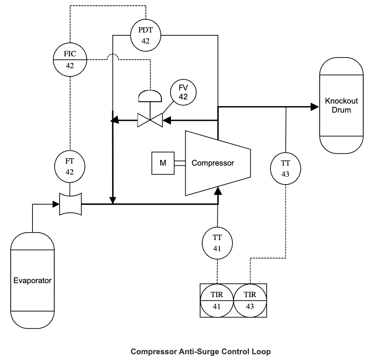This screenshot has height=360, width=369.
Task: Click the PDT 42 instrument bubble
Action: (145, 35)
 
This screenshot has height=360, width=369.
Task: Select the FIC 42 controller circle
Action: (70, 60)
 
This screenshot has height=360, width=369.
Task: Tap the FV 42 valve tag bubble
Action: (183, 92)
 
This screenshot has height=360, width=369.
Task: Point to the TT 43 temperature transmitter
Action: (286, 168)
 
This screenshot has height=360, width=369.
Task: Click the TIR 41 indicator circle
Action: (217, 300)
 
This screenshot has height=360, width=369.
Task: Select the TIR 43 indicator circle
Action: (250, 300)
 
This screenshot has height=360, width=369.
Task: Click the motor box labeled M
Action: (163, 163)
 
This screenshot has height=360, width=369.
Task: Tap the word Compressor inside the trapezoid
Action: (213, 163)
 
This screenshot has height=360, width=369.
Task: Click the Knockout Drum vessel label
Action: (341, 106)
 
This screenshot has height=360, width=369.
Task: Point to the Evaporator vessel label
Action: (32, 281)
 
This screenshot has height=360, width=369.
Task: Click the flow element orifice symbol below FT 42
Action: (70, 203)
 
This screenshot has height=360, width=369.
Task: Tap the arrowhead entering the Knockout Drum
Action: (315, 106)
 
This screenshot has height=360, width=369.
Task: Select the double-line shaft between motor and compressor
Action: (179, 163)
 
